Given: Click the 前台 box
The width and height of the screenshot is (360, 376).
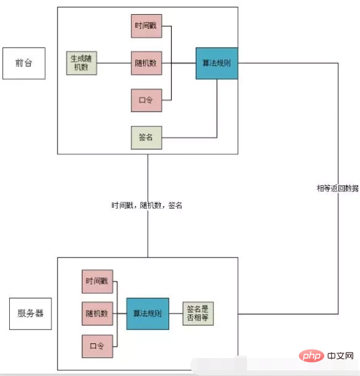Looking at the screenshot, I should click(24, 64).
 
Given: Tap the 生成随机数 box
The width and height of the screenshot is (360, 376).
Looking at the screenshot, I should click(82, 64).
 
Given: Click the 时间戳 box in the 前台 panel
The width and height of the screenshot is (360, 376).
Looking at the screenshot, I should click(146, 27).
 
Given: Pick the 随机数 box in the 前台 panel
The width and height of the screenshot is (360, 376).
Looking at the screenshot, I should click(146, 63).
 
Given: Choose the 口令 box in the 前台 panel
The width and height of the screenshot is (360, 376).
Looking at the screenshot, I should click(146, 100).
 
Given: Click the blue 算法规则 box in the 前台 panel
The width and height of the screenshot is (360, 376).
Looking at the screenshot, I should click(217, 63).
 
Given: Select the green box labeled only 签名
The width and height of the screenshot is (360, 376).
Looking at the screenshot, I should click(146, 137).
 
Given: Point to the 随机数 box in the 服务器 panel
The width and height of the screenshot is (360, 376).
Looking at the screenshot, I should click(97, 314).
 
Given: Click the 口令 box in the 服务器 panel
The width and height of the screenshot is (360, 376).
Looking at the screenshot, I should click(97, 346).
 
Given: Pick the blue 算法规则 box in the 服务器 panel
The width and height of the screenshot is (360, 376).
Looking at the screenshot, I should click(148, 314).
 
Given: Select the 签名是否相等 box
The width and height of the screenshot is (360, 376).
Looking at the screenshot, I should click(198, 314).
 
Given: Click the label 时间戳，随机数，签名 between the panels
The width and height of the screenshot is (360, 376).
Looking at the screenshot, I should click(147, 206).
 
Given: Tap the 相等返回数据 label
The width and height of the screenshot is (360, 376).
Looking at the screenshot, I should click(337, 188).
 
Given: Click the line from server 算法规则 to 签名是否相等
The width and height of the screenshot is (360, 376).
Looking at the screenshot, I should click(175, 314).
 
